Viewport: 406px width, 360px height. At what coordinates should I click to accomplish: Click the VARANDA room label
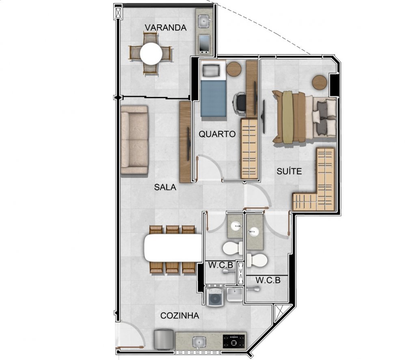point(166,28)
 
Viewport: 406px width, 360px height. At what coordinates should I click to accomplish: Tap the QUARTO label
point(217,134)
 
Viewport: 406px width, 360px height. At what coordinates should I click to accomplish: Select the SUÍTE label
point(289,171)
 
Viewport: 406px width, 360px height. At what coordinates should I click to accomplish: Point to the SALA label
point(165,187)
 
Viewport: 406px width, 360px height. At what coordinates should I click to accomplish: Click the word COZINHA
point(180,315)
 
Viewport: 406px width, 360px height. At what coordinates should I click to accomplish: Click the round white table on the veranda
point(151,54)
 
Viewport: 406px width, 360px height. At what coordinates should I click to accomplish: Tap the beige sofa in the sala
point(134,140)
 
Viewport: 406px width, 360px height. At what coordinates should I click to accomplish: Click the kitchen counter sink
point(199,343)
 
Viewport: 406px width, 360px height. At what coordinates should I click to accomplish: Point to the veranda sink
point(204,21)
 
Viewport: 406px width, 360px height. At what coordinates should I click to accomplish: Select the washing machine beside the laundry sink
point(215,297)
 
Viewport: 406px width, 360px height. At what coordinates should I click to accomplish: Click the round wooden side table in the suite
point(320,82)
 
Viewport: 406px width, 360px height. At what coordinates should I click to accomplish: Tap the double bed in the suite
point(304,117)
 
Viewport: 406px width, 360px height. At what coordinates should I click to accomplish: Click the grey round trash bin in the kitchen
point(164,339)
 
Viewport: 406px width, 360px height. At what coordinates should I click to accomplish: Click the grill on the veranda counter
point(204,44)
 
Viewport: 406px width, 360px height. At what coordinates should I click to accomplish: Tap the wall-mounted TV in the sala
point(188,144)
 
